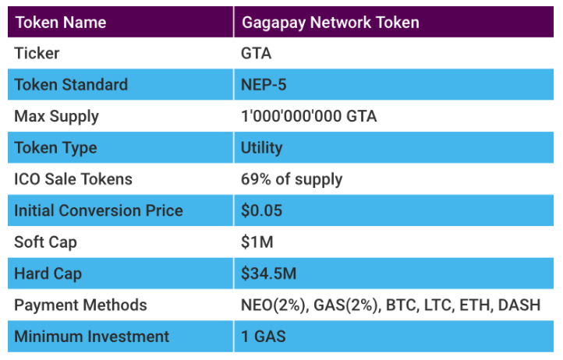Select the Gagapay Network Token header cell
click(331, 22)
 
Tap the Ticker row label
click(37, 54)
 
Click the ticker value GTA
click(257, 54)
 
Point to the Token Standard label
click(71, 85)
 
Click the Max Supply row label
click(57, 116)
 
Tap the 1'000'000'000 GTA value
click(310, 117)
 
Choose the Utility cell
click(262, 147)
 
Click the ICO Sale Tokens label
click(73, 179)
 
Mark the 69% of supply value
click(292, 179)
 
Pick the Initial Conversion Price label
click(98, 210)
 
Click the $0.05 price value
click(262, 210)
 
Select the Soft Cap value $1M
click(257, 242)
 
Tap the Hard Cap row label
click(48, 274)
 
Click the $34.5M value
click(269, 274)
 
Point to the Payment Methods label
click(80, 305)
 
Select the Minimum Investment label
click(91, 337)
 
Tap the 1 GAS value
click(264, 337)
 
